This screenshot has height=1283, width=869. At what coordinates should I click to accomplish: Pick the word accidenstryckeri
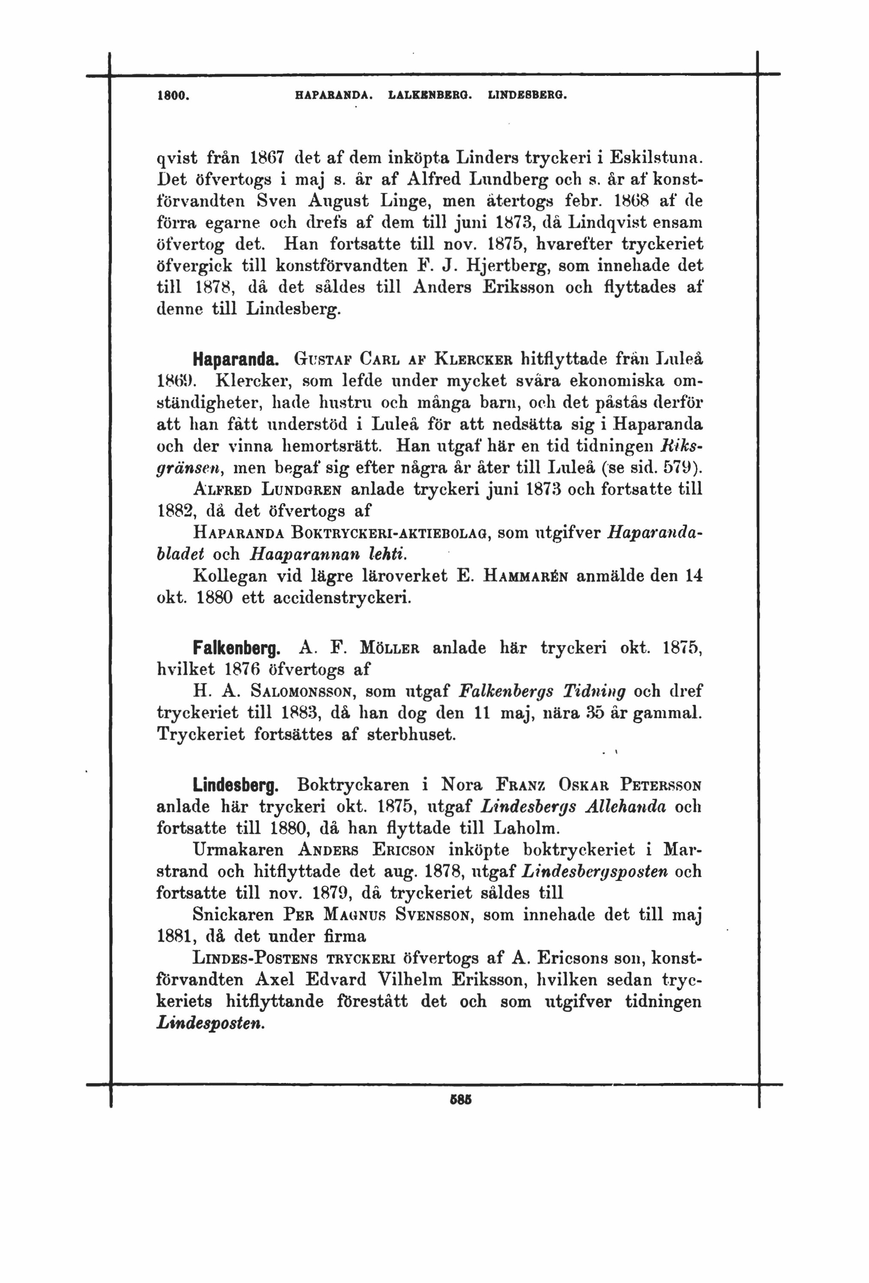tap(342, 598)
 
